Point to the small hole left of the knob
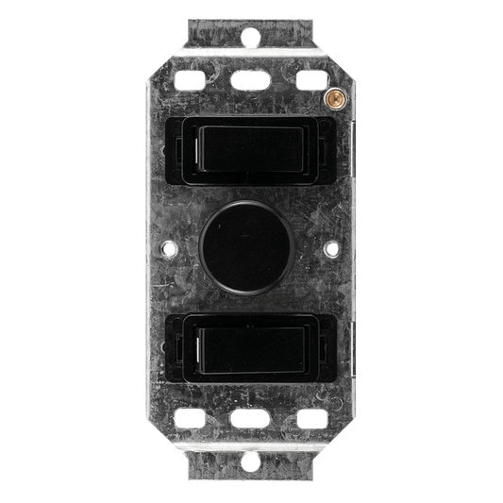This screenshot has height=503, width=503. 168,251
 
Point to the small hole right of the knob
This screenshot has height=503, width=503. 334,251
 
